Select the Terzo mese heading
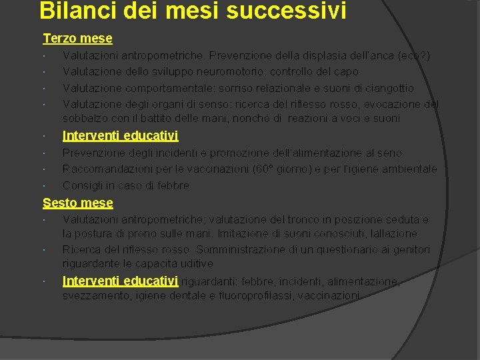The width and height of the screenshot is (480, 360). click(77, 39)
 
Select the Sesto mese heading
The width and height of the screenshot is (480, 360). click(78, 203)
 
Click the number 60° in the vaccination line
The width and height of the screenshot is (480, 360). click(275, 169)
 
